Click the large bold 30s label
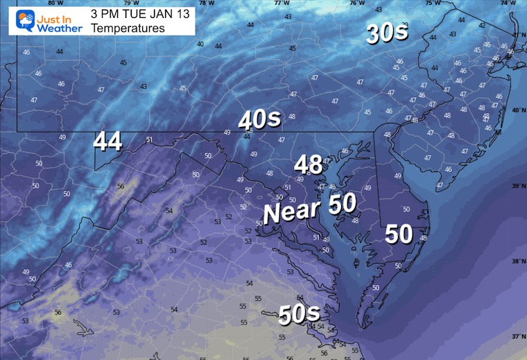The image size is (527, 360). coord(387,34)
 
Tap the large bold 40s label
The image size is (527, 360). coord(259,120)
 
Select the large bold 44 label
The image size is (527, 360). coord(109,142)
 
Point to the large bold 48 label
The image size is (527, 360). coord(308,164)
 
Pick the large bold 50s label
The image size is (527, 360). coord(299,314)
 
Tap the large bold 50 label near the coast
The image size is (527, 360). coord(400,234)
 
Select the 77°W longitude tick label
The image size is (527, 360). coord(281,3)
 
